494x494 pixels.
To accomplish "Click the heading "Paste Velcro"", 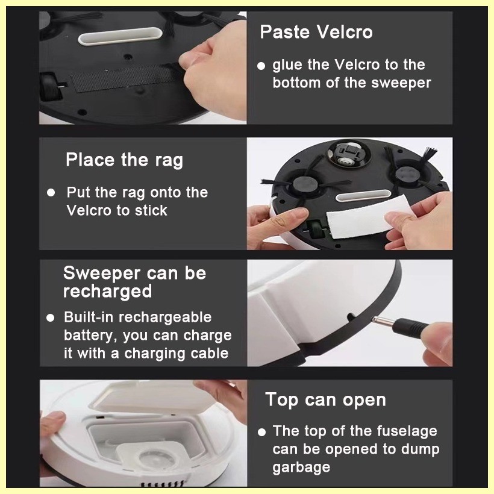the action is (x=316, y=32).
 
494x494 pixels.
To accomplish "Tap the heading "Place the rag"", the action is (x=124, y=160).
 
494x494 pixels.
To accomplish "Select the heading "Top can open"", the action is (x=325, y=400).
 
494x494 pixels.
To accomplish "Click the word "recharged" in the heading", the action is (x=107, y=291).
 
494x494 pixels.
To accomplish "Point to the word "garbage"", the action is (x=301, y=467).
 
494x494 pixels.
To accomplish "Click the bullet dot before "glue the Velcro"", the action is (x=261, y=66).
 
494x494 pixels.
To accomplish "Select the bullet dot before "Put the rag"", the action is (x=51, y=193).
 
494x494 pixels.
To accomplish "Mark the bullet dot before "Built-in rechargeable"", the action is (x=50, y=317).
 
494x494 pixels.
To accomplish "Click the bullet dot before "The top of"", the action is (x=261, y=432).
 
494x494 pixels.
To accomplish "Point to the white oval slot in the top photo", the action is (x=120, y=36).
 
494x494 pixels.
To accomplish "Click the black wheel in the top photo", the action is (x=51, y=87).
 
